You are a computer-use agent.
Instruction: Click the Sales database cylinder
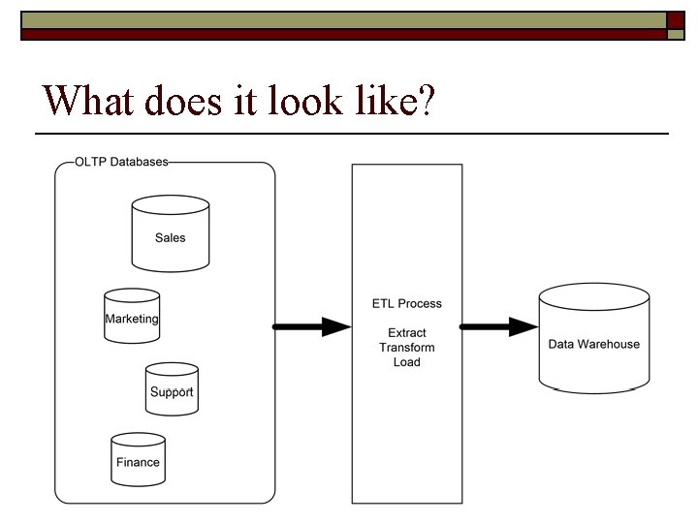[171, 233]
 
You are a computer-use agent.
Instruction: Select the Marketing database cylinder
[132, 316]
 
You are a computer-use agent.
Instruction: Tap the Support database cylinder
[172, 389]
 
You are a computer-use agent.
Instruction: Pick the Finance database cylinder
[138, 459]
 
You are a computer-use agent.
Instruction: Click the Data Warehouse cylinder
[593, 339]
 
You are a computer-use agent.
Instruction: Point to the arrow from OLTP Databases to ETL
[312, 327]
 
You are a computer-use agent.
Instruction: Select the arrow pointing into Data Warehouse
[498, 327]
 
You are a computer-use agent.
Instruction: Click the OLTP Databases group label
[121, 162]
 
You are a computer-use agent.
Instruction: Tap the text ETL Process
[406, 303]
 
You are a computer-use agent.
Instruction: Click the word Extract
[406, 333]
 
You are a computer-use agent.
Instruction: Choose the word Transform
[406, 348]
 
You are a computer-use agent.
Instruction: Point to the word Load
[406, 362]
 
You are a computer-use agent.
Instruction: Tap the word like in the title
[383, 99]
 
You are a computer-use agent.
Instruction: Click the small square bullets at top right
[676, 26]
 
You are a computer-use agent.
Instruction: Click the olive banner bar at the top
[339, 19]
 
